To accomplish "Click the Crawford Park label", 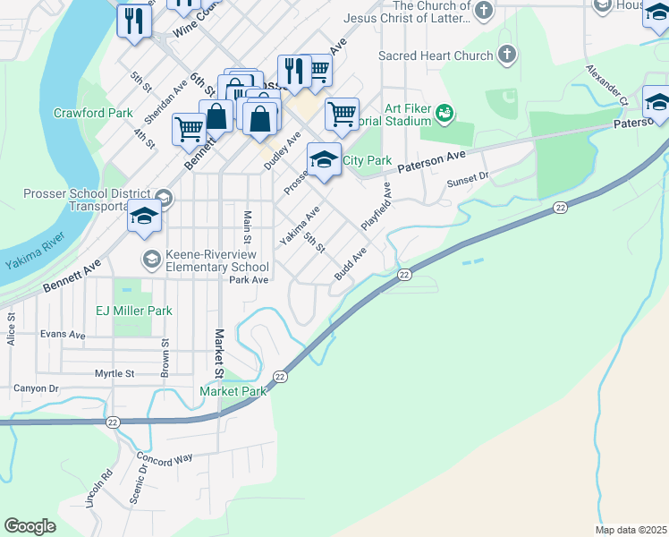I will (93, 113).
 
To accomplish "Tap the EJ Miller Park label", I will (134, 311).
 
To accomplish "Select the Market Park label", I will (233, 391).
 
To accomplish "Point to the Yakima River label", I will (31, 260).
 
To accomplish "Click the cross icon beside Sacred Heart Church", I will (507, 55).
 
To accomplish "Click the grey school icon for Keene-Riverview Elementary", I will (151, 260).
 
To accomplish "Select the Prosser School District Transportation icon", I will (163, 198).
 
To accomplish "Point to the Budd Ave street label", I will (350, 265).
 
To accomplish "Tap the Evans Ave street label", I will (63, 335).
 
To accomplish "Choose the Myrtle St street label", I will (114, 373).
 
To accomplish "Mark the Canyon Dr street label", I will (36, 388).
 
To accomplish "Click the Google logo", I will (30, 526).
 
